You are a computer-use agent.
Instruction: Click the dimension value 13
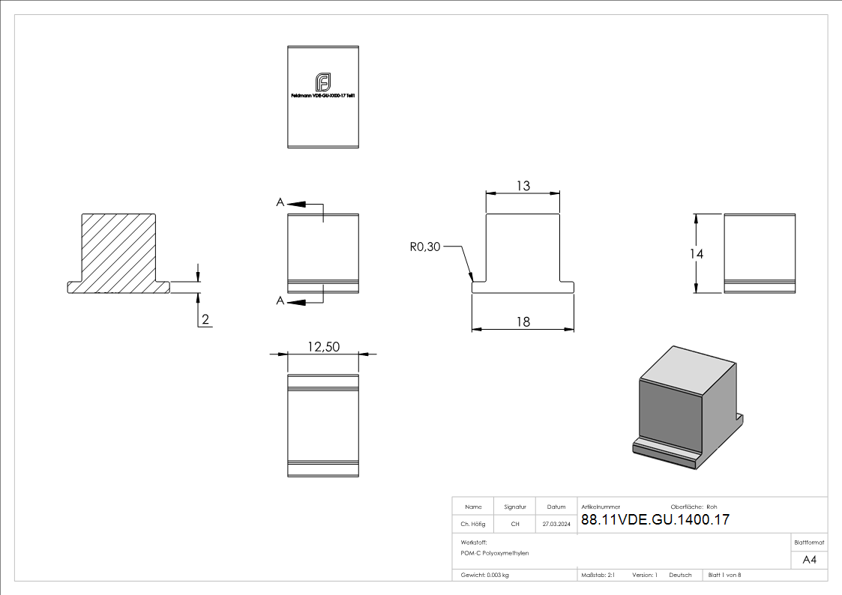[x=523, y=186]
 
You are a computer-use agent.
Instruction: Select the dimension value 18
[x=523, y=321]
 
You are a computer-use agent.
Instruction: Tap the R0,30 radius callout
[x=424, y=247]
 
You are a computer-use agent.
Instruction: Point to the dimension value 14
[x=697, y=254]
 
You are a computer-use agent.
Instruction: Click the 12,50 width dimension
[x=323, y=346]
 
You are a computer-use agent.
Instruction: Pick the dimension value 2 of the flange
[x=205, y=320]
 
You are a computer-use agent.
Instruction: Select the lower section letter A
[x=280, y=300]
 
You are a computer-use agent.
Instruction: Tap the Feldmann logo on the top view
[x=323, y=82]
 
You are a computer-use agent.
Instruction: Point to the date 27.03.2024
[x=556, y=524]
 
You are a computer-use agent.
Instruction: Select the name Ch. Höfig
[x=473, y=524]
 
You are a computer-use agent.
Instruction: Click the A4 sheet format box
[x=809, y=560]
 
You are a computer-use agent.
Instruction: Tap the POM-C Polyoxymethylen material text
[x=495, y=552]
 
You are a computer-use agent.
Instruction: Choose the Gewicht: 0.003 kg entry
[x=484, y=575]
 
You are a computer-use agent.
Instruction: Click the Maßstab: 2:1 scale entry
[x=598, y=575]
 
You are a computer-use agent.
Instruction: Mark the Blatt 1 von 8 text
[x=724, y=575]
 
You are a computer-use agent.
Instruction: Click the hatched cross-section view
[x=120, y=252]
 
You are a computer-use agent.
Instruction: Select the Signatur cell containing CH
[x=515, y=524]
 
